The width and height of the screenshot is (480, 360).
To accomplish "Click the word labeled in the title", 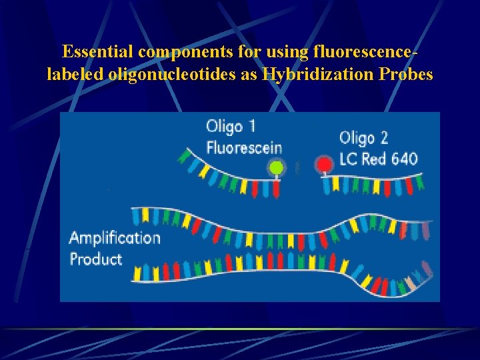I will (x=74, y=74).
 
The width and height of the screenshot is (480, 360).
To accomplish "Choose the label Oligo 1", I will (x=231, y=126).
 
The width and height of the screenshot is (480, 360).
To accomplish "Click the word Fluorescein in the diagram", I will (x=244, y=148).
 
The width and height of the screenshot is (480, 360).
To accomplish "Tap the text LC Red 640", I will (x=378, y=159).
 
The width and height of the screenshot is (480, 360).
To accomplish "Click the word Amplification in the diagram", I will (x=115, y=238).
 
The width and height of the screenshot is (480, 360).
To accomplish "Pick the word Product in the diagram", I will (x=96, y=259).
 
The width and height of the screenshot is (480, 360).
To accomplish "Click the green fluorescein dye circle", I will (x=275, y=167).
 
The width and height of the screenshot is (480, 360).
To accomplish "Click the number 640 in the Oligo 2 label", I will (x=403, y=159).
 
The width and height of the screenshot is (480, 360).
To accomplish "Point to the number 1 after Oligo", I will (x=251, y=126).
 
